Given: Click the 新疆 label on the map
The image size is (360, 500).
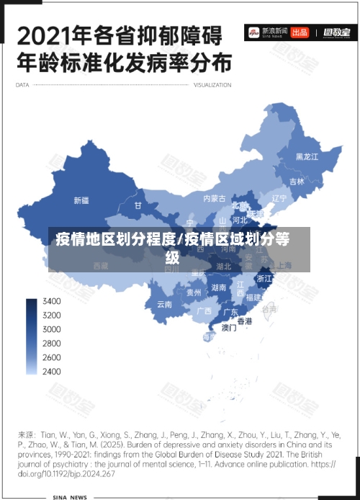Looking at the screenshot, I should click(x=81, y=200).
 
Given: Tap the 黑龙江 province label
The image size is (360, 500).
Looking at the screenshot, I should click(x=307, y=156).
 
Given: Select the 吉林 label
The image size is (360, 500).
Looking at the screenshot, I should click(x=297, y=182).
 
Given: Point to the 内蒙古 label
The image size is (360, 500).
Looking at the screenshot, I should click(x=214, y=198).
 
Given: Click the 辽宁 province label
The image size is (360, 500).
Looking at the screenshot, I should click(x=279, y=198).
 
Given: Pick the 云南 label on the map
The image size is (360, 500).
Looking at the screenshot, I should click(x=164, y=304).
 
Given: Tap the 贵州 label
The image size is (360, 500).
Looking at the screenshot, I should click(x=194, y=293).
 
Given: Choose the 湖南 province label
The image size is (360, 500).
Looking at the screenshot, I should click(x=219, y=287).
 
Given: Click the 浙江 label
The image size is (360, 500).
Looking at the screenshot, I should click(x=265, y=278).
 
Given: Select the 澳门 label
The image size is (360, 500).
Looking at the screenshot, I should click(x=229, y=327).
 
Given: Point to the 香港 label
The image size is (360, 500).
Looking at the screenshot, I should click(x=246, y=321).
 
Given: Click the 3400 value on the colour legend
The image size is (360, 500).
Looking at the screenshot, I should click(x=52, y=301).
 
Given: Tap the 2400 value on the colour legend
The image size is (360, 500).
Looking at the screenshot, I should click(x=52, y=371).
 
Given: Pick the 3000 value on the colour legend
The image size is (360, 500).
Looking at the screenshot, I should click(x=52, y=329).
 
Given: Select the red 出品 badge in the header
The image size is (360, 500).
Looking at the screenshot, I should click(x=300, y=32).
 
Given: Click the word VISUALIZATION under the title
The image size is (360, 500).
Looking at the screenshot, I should click(x=212, y=85).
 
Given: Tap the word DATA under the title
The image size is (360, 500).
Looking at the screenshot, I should click(x=22, y=85).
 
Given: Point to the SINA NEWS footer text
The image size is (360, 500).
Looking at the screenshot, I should click(x=70, y=497).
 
